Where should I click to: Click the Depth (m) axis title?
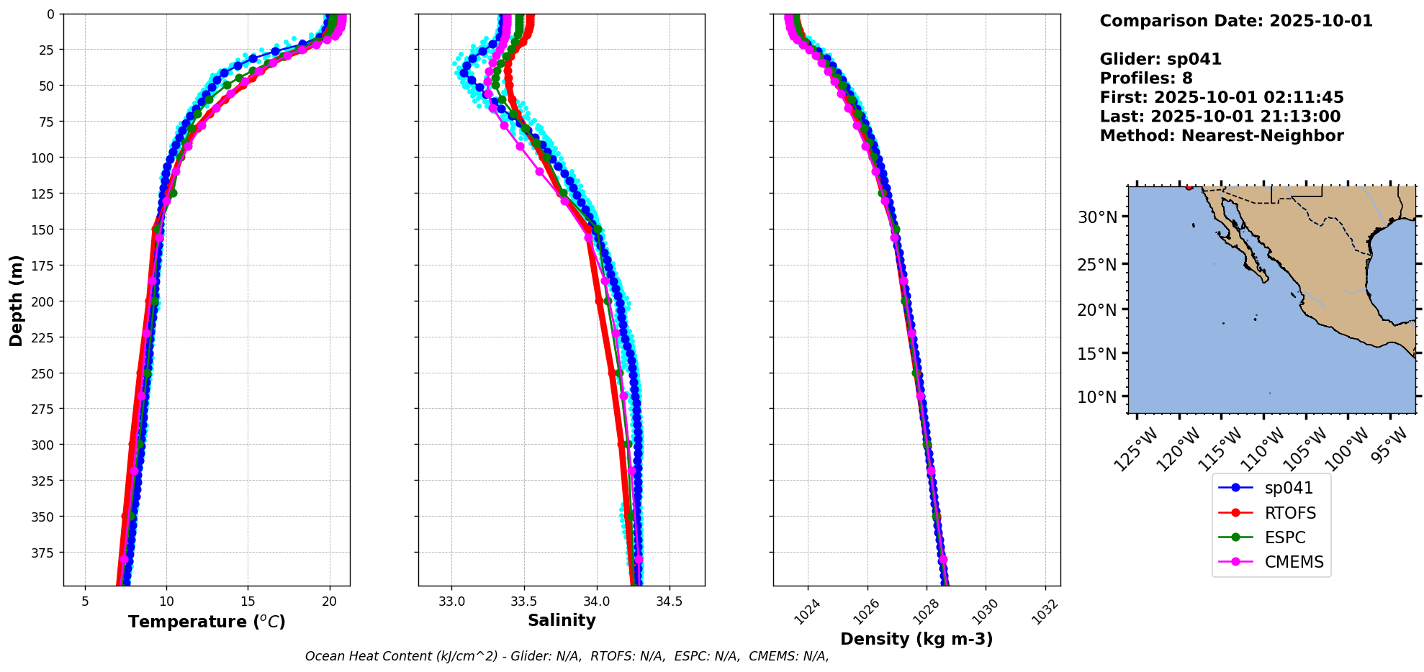click(16, 300)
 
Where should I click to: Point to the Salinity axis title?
click(562, 620)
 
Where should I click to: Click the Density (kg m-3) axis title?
click(916, 639)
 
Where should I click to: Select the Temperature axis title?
click(207, 622)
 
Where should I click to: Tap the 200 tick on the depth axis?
click(44, 301)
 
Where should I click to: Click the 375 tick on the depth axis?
click(44, 553)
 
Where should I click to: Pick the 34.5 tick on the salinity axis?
click(670, 601)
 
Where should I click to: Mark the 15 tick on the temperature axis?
click(248, 601)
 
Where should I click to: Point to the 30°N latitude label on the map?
click(1096, 217)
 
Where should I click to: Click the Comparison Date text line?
click(1235, 21)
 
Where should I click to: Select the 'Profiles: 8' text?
click(1145, 78)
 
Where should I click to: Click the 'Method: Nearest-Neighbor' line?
click(1221, 136)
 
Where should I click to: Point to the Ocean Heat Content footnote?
click(567, 656)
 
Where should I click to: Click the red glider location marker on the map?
click(1189, 187)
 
